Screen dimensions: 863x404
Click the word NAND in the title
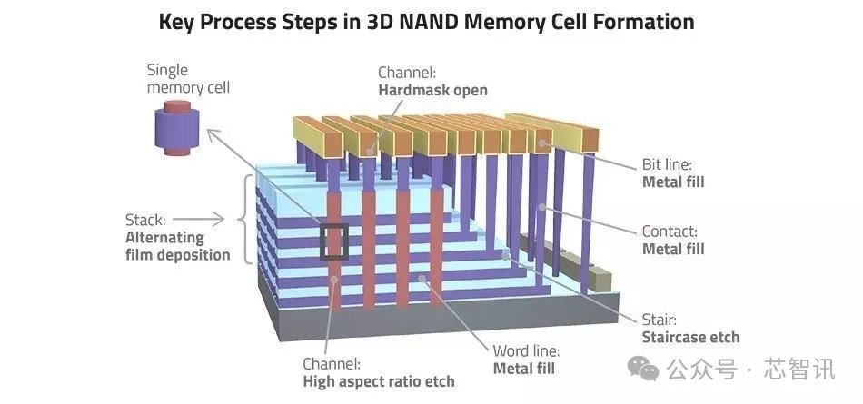tap(428, 22)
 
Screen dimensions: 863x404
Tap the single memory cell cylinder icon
tap(176, 128)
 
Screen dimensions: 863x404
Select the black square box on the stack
tap(334, 241)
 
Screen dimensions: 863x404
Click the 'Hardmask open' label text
tap(432, 90)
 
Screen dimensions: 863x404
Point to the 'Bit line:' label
tap(667, 164)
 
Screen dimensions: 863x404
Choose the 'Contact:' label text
tap(670, 232)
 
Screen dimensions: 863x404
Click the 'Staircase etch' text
tap(690, 337)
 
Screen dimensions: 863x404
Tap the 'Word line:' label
tap(526, 350)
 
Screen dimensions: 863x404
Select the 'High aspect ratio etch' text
tap(379, 381)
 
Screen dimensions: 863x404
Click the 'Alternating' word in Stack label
tap(164, 238)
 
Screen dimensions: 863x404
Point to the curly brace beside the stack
tap(246, 219)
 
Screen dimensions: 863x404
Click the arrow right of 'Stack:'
tap(198, 220)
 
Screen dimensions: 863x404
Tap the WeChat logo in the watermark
tap(643, 368)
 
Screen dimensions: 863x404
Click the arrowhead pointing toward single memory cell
tap(213, 133)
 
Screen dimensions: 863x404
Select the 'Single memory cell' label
tap(188, 79)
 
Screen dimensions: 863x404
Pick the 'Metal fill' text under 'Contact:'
tap(673, 249)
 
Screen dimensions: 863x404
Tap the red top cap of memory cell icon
tap(177, 105)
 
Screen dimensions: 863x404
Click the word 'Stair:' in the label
tap(660, 320)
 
